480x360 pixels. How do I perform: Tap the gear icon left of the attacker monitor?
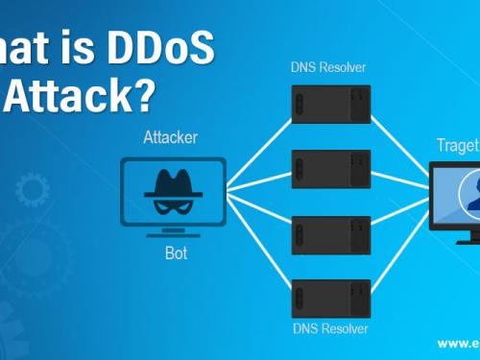point(29,191)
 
